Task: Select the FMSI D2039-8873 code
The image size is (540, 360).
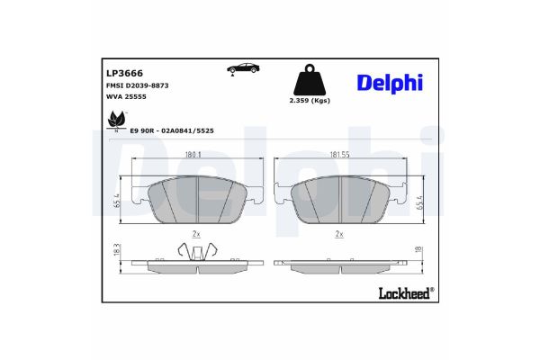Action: [x=138, y=85]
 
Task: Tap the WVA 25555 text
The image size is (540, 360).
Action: [x=126, y=97]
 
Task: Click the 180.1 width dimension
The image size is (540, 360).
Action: [x=193, y=155]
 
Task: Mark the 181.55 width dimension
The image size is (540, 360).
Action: [x=339, y=155]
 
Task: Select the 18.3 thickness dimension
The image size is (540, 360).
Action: [x=118, y=254]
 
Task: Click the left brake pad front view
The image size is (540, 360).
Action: [x=197, y=198]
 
